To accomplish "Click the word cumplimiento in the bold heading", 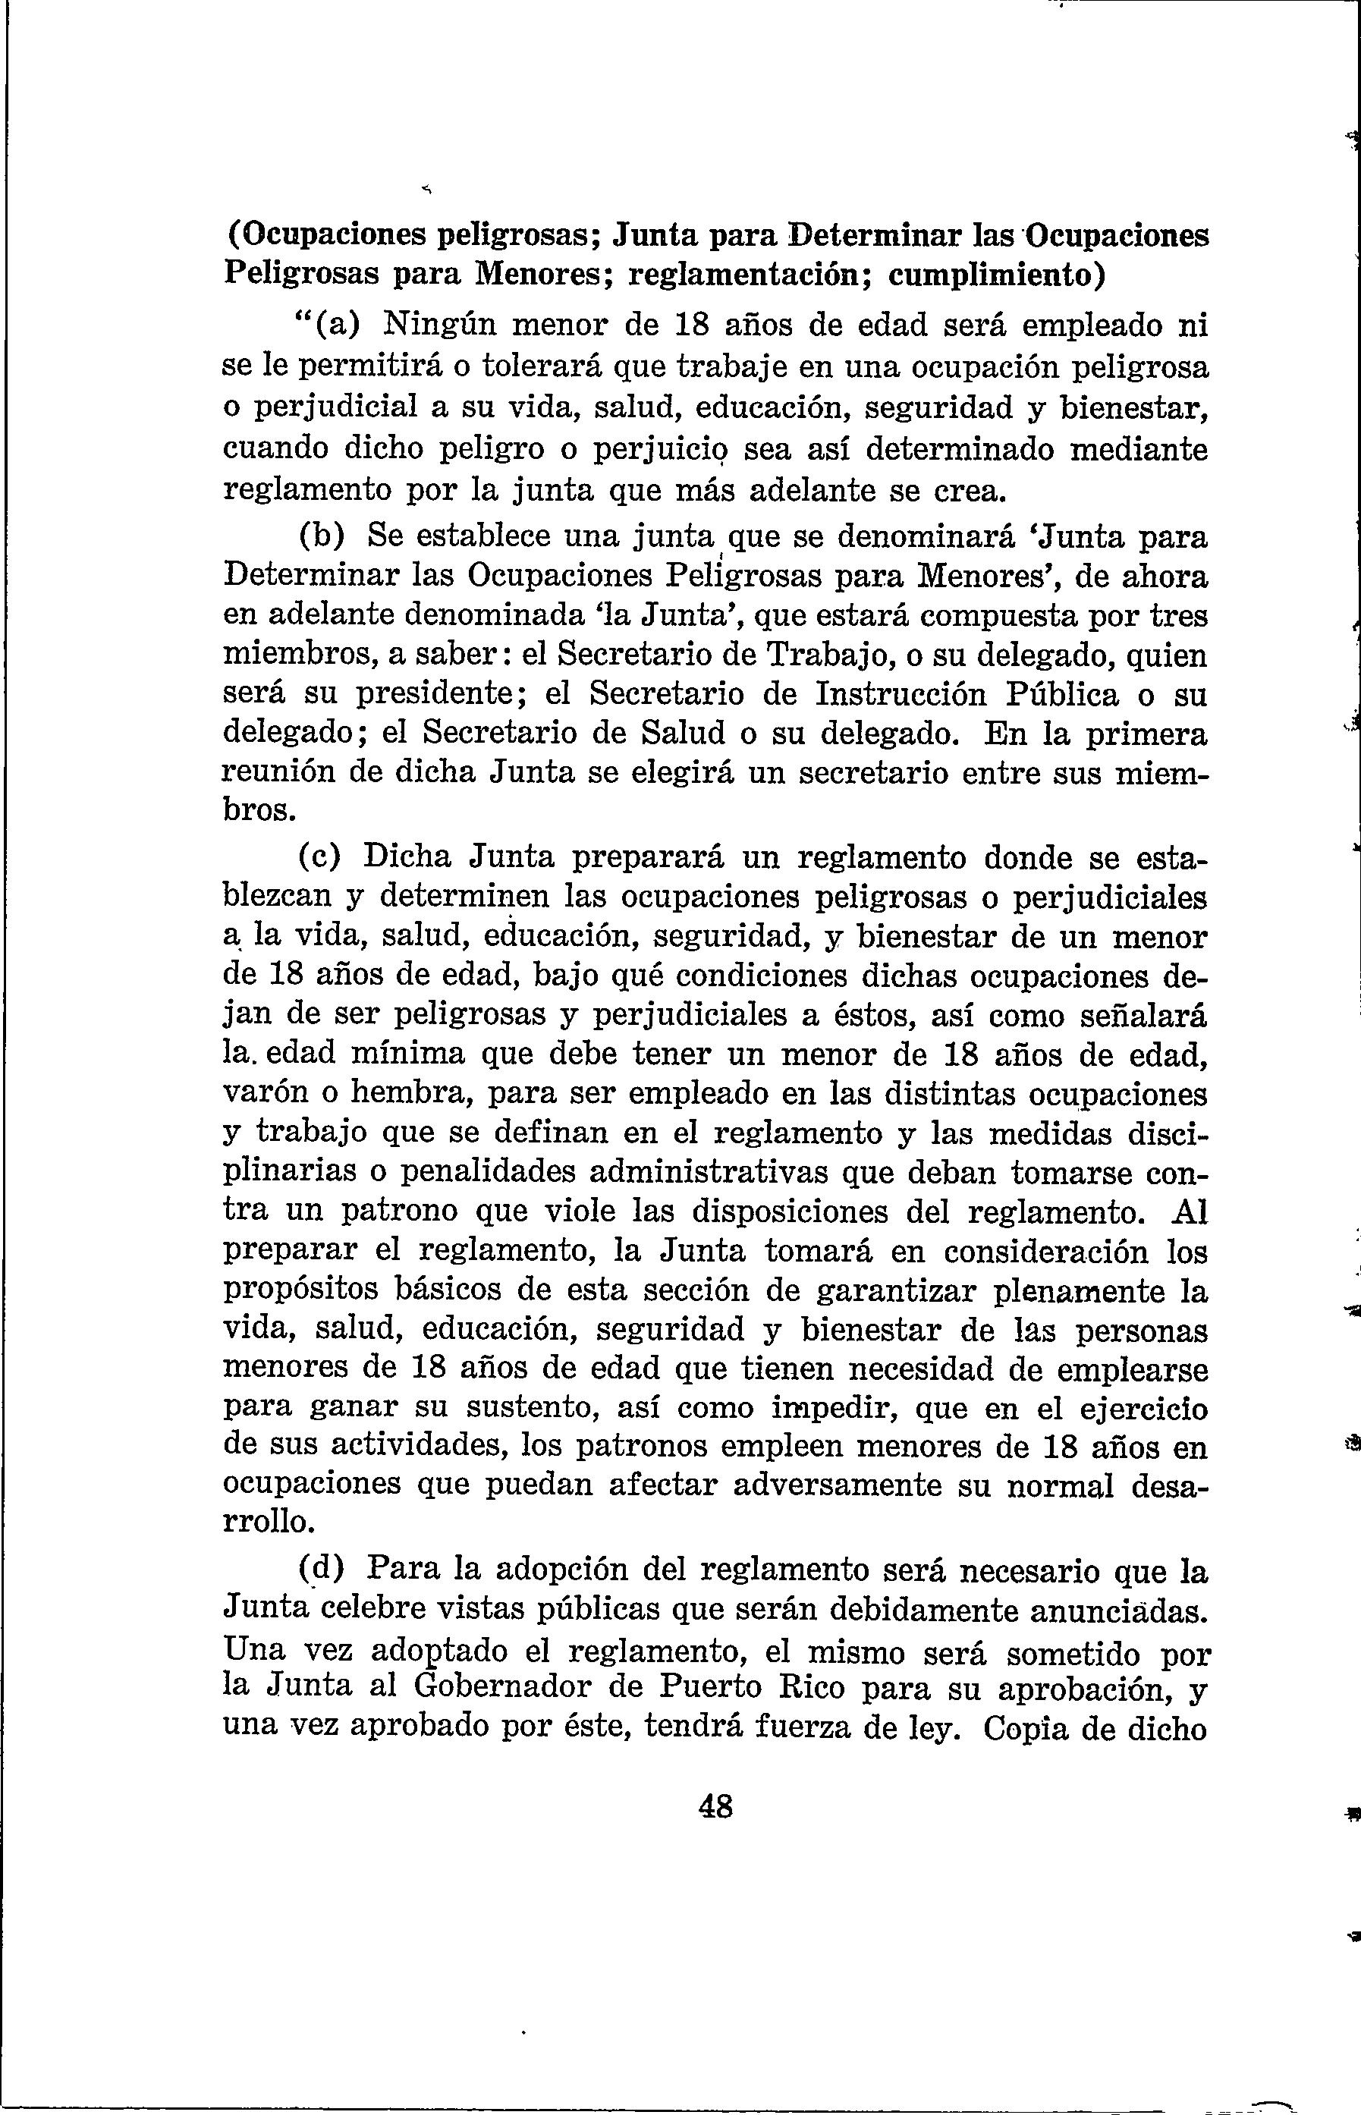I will coord(995,275).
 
